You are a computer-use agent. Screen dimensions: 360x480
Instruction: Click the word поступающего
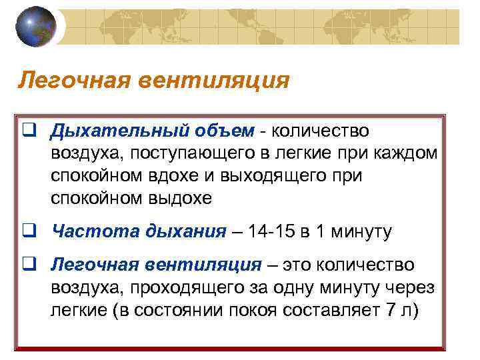(x=188, y=153)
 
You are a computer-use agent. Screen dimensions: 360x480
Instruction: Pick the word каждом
(x=406, y=153)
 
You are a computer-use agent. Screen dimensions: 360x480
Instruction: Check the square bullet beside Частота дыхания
(x=28, y=232)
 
